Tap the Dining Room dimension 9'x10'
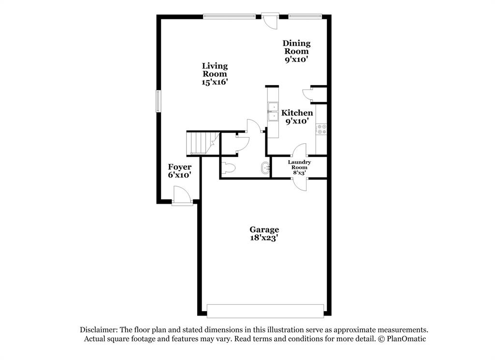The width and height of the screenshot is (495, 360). coord(296,60)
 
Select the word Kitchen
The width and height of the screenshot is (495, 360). coord(297,113)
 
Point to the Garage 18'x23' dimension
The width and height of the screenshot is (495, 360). coord(264,238)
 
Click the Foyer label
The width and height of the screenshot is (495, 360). coord(179,167)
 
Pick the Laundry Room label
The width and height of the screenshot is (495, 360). coord(299,165)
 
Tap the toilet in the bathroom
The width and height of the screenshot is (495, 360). coord(228,168)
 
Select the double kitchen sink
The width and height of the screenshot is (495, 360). coord(273,112)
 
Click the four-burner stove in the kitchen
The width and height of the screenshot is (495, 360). coord(321,129)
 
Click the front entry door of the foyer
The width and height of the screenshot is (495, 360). coord(182,198)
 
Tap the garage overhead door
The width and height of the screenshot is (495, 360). coord(265,311)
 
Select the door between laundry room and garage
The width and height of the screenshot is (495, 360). coord(300,184)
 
